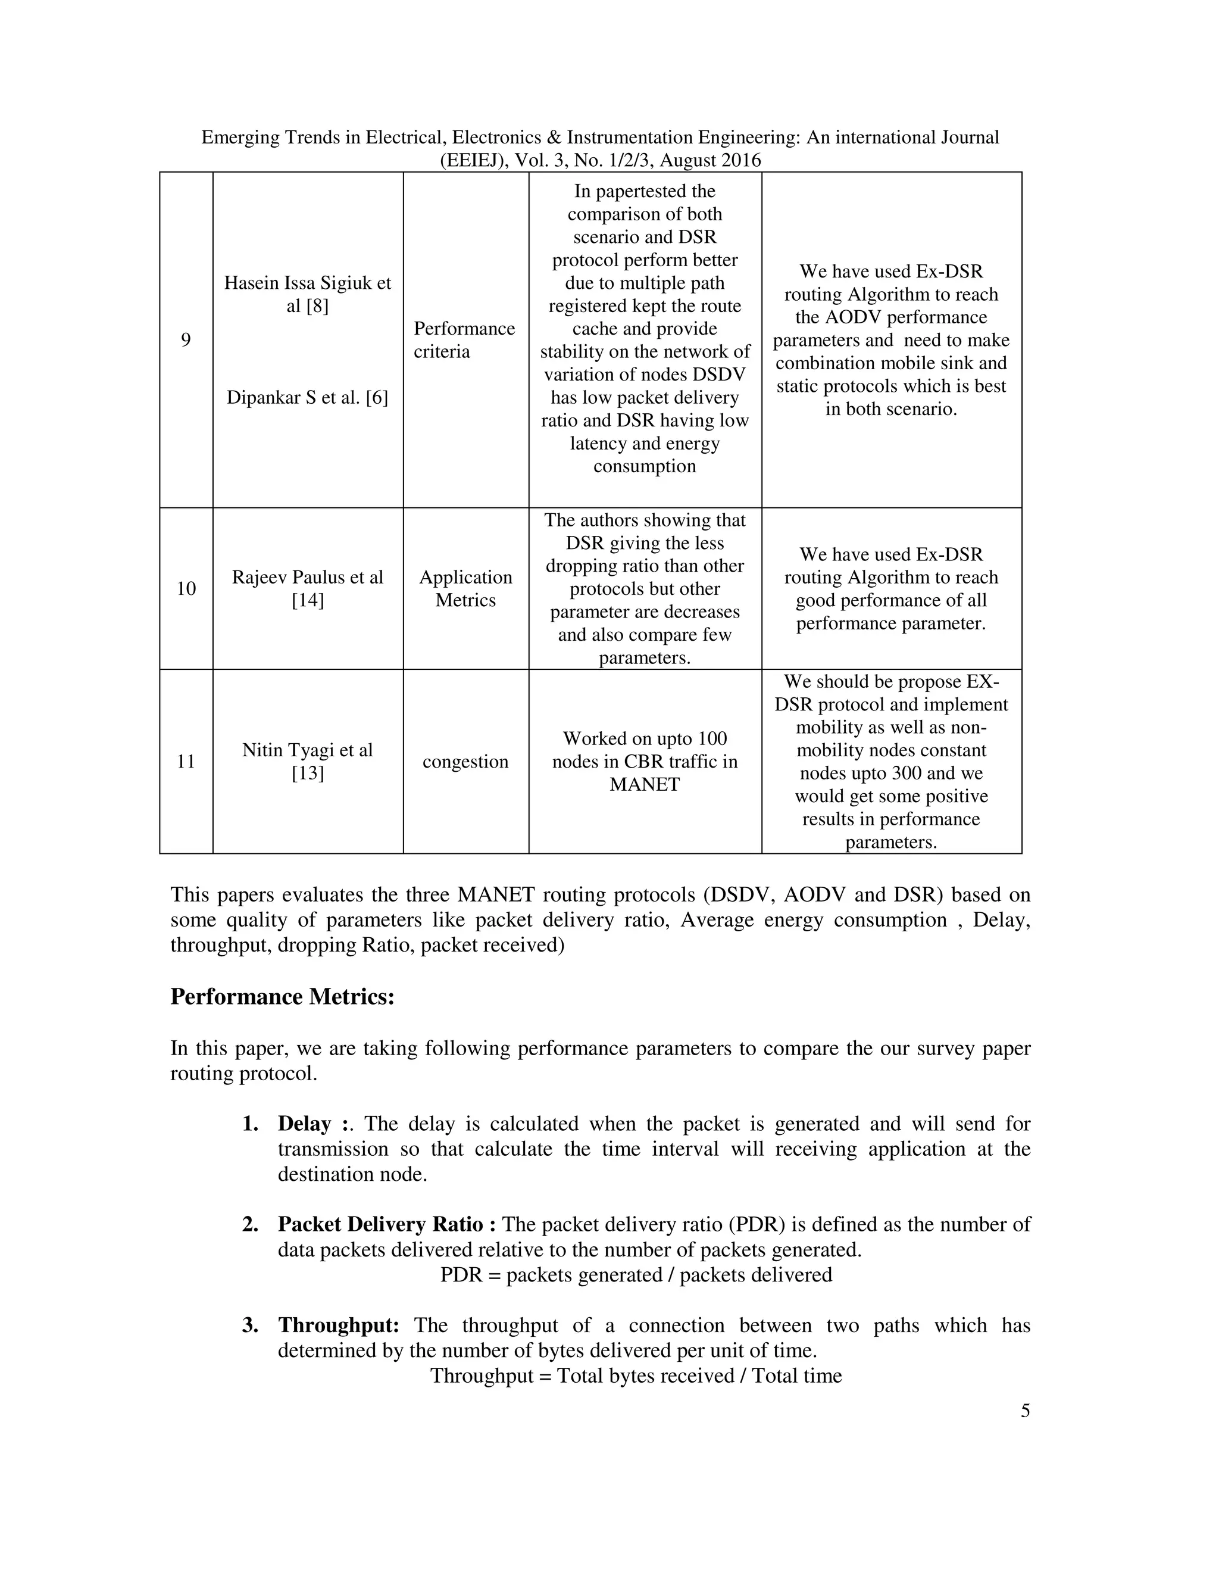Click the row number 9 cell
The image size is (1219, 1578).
tap(186, 339)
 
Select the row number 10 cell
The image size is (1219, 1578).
tap(186, 588)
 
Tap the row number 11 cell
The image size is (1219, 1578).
tap(186, 761)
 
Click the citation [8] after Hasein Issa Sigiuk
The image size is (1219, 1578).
tap(317, 305)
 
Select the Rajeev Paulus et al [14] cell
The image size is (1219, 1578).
tap(308, 588)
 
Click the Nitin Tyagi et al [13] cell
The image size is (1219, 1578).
tap(308, 761)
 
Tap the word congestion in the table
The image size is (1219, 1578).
tap(465, 762)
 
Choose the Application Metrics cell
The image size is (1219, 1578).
tap(465, 588)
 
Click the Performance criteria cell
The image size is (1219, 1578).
tap(464, 339)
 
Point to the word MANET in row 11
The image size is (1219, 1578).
tap(644, 784)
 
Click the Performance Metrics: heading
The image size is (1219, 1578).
tap(282, 996)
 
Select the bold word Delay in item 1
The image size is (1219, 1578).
tap(304, 1124)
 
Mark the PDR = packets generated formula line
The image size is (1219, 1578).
tap(636, 1274)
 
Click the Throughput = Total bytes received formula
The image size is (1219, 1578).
tap(636, 1375)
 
